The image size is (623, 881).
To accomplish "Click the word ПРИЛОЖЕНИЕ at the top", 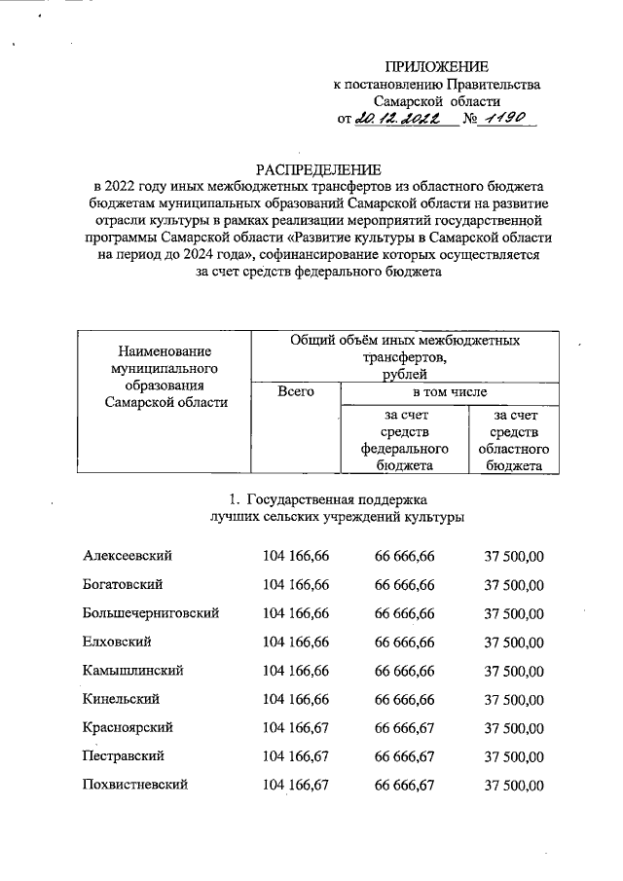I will pyautogui.click(x=436, y=66).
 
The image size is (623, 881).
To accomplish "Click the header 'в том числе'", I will pyautogui.click(x=449, y=391).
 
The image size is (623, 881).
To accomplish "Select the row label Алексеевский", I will pyautogui.click(x=128, y=555).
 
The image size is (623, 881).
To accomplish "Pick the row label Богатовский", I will pyautogui.click(x=123, y=584).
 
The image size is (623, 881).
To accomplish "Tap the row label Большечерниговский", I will pyautogui.click(x=151, y=613).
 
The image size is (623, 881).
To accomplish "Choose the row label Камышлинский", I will pyautogui.click(x=133, y=671).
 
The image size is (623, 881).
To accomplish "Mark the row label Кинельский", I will pyautogui.click(x=122, y=699).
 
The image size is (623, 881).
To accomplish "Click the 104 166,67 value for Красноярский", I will pyautogui.click(x=296, y=727).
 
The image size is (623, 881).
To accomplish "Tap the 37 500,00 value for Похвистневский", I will pyautogui.click(x=514, y=785).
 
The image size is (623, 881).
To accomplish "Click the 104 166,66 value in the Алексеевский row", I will pyautogui.click(x=296, y=555).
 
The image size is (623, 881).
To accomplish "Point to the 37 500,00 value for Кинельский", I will pyautogui.click(x=514, y=699).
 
